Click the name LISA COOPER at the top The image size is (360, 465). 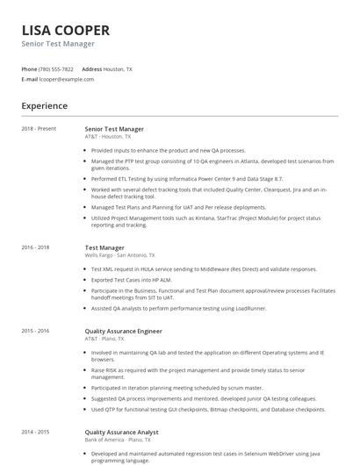66,30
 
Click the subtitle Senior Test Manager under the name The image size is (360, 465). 58,44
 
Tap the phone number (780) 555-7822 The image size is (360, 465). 57,68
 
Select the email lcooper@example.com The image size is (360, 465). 67,79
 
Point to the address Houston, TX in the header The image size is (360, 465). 119,68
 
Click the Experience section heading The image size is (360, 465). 45,106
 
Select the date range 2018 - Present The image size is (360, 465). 39,129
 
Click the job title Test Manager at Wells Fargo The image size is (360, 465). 104,247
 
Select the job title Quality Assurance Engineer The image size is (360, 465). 123,331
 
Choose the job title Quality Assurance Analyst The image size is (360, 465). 121,432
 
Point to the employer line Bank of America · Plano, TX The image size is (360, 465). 118,439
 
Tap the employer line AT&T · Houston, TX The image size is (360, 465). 108,137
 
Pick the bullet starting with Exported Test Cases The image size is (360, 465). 133,278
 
